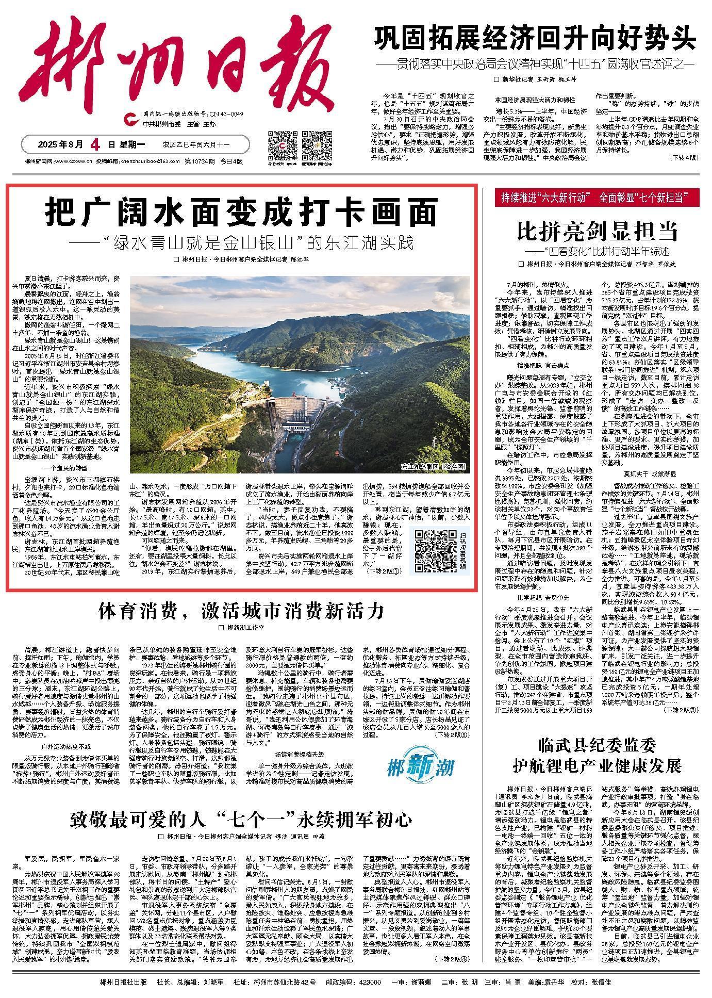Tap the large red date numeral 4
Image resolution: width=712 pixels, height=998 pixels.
[x=94, y=144]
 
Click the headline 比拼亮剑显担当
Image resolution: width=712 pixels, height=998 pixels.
[x=597, y=232]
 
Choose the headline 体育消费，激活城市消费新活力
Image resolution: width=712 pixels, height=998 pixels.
[x=242, y=611]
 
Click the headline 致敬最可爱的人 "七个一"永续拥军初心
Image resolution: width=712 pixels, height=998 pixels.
[x=242, y=819]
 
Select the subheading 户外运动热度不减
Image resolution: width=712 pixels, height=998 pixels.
[x=65, y=746]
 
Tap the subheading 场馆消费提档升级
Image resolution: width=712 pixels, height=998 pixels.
[x=295, y=754]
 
